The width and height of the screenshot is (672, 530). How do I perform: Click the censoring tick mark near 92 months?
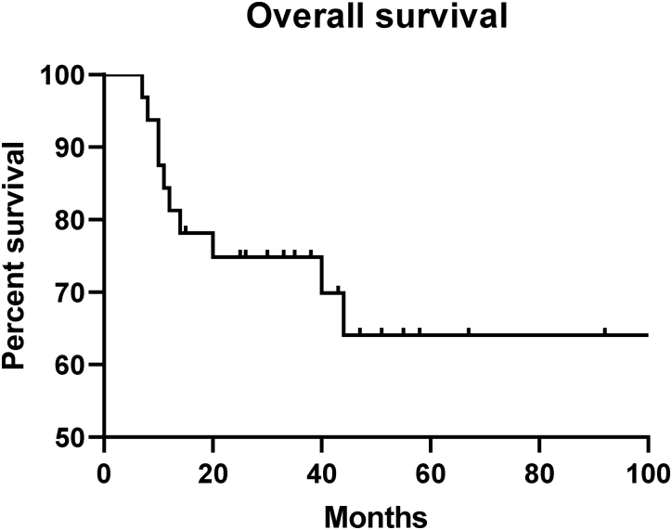click(x=604, y=331)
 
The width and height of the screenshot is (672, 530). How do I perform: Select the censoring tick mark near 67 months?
click(x=469, y=331)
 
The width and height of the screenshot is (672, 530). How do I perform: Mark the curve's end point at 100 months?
click(x=647, y=335)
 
